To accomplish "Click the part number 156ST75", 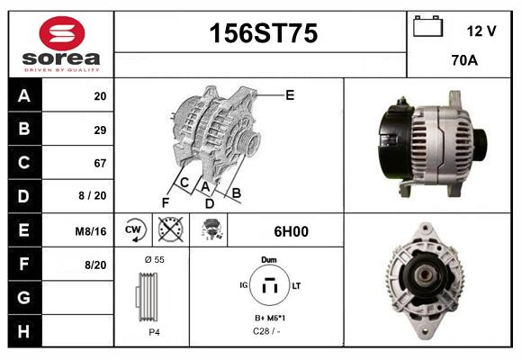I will (x=263, y=34).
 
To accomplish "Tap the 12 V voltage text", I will (x=481, y=31).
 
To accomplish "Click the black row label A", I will (x=23, y=96).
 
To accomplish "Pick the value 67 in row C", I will (x=99, y=163).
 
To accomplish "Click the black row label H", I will (x=23, y=330).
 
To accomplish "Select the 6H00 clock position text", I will (x=290, y=231).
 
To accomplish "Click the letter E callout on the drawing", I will (x=290, y=94).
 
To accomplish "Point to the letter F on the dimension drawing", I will (x=166, y=202).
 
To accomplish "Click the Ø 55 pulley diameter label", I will (x=154, y=259).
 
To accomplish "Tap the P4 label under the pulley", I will (x=154, y=332).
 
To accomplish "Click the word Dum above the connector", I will (x=268, y=259).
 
